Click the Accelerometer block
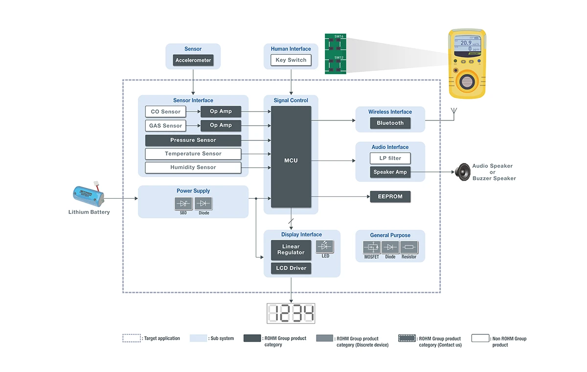[x=193, y=61]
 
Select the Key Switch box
[x=291, y=60]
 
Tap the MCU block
[x=291, y=160]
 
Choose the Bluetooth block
[x=390, y=123]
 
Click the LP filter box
[x=390, y=158]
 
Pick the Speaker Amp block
[x=390, y=172]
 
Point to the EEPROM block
[x=390, y=197]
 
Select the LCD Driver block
[x=291, y=268]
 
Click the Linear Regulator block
[x=291, y=250]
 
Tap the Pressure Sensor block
[x=193, y=140]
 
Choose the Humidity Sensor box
[x=193, y=167]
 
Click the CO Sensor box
[x=166, y=112]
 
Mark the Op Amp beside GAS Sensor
[x=221, y=126]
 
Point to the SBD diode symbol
[x=183, y=204]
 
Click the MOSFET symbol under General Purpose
[x=371, y=247]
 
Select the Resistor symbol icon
[x=409, y=247]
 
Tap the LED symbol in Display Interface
[x=325, y=246]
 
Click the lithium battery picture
[x=89, y=194]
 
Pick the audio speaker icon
[x=462, y=171]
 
